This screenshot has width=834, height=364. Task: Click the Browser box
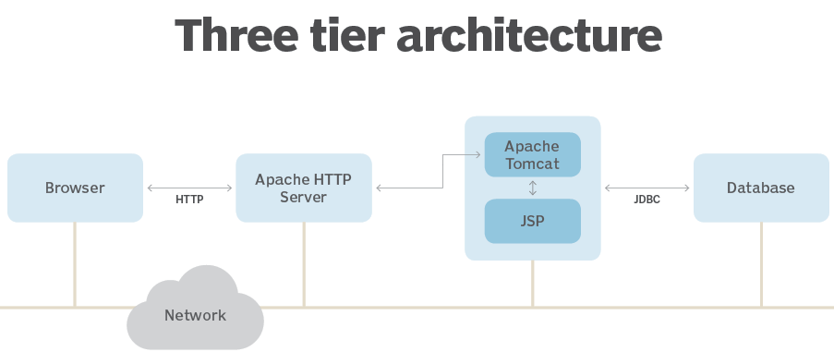click(x=75, y=188)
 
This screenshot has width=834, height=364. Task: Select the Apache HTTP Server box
click(x=304, y=188)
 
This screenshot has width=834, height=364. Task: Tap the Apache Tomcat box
click(x=532, y=154)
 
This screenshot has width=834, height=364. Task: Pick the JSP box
click(x=532, y=221)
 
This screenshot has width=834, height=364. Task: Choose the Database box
click(x=761, y=188)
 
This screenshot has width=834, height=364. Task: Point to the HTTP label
click(x=189, y=199)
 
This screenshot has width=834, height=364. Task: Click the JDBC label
click(x=647, y=199)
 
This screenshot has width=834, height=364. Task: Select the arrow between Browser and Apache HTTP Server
click(x=189, y=188)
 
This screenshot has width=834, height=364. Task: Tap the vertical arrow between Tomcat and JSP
click(x=532, y=188)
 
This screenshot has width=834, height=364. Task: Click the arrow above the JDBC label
click(x=647, y=188)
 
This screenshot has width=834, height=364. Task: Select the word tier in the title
click(x=358, y=35)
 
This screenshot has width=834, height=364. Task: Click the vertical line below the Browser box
click(x=75, y=263)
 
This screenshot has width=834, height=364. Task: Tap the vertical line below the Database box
click(x=761, y=263)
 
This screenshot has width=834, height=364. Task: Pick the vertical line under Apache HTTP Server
click(x=304, y=263)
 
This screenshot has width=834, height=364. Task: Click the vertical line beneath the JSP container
click(x=532, y=283)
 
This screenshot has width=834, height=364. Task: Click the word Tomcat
click(x=532, y=164)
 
